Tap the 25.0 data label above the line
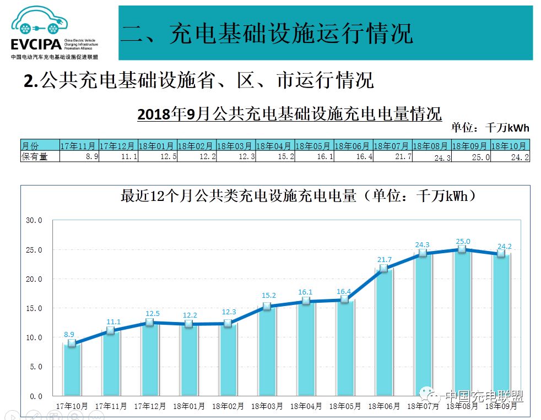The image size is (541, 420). coord(463,241)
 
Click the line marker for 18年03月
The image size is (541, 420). coord(267,306)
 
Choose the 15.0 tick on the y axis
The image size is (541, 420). coord(34,308)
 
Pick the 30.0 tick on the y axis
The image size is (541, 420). coord(34,220)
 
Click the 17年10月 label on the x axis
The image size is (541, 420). coord(72,406)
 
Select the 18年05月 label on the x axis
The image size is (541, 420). coord(345,406)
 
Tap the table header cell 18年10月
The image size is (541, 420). coord(510,146)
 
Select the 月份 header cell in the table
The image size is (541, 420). coord(40,146)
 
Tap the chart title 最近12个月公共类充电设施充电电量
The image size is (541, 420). coord(297,197)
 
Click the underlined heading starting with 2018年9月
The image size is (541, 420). coord(289,114)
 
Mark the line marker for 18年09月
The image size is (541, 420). coord(501,253)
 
